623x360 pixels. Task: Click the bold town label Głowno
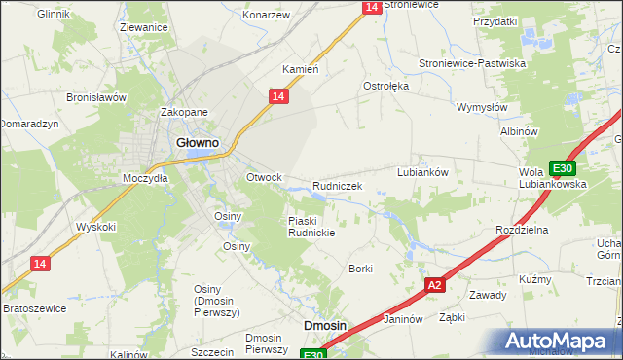tap(197, 142)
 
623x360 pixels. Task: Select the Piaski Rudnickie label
tap(311, 227)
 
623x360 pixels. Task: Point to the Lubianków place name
tap(421, 172)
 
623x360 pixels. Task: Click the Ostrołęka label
tap(386, 86)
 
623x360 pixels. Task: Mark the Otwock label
tap(264, 177)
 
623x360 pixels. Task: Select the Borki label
tap(361, 268)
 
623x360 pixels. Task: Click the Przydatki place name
tap(495, 20)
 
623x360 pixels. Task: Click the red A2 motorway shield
tap(435, 285)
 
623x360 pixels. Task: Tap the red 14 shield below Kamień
tap(277, 95)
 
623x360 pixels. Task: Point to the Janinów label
tap(402, 318)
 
